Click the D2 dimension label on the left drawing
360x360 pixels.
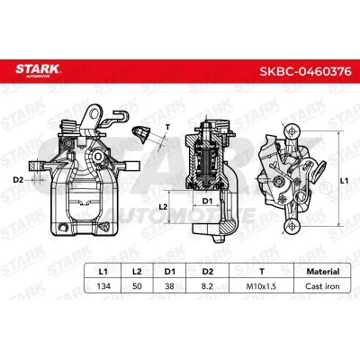click(x=18, y=179)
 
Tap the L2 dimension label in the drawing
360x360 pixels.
click(x=164, y=207)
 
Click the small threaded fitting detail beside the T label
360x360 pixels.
click(x=142, y=135)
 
